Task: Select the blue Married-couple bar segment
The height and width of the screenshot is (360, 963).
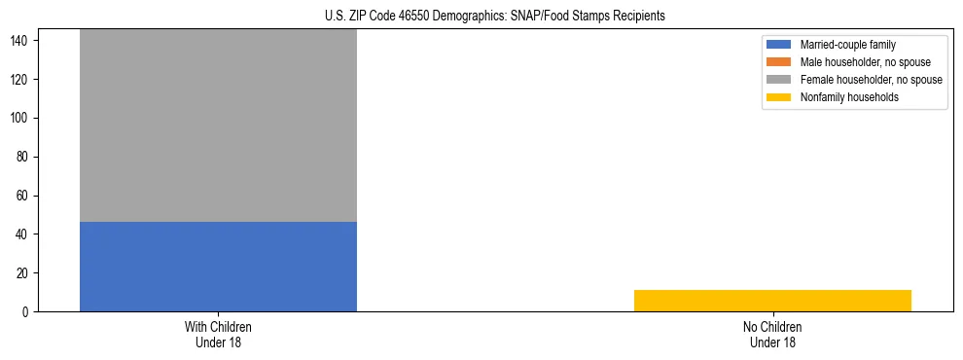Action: click(218, 267)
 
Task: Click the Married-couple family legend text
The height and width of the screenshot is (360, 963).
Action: click(848, 45)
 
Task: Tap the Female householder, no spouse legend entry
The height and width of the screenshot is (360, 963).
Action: click(871, 80)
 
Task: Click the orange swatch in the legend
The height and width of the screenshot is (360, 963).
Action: click(779, 62)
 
